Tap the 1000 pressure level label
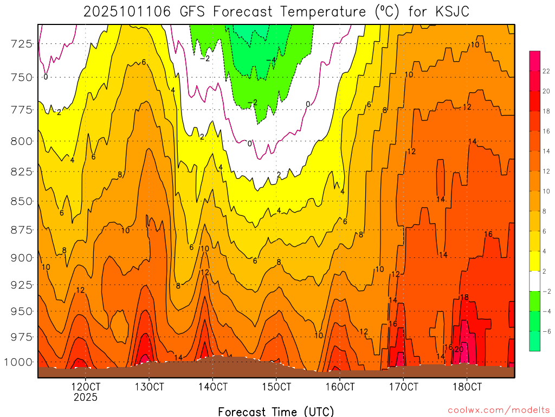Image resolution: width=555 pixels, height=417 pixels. (22, 362)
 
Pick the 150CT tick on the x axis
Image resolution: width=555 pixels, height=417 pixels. (276, 387)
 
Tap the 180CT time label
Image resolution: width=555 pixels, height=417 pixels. (467, 387)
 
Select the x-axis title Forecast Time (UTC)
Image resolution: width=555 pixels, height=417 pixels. (276, 411)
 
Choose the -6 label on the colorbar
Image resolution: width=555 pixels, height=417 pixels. (546, 331)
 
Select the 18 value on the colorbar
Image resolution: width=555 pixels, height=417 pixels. (547, 111)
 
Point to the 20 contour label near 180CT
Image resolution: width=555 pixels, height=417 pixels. (459, 349)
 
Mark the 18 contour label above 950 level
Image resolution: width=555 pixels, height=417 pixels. (464, 297)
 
